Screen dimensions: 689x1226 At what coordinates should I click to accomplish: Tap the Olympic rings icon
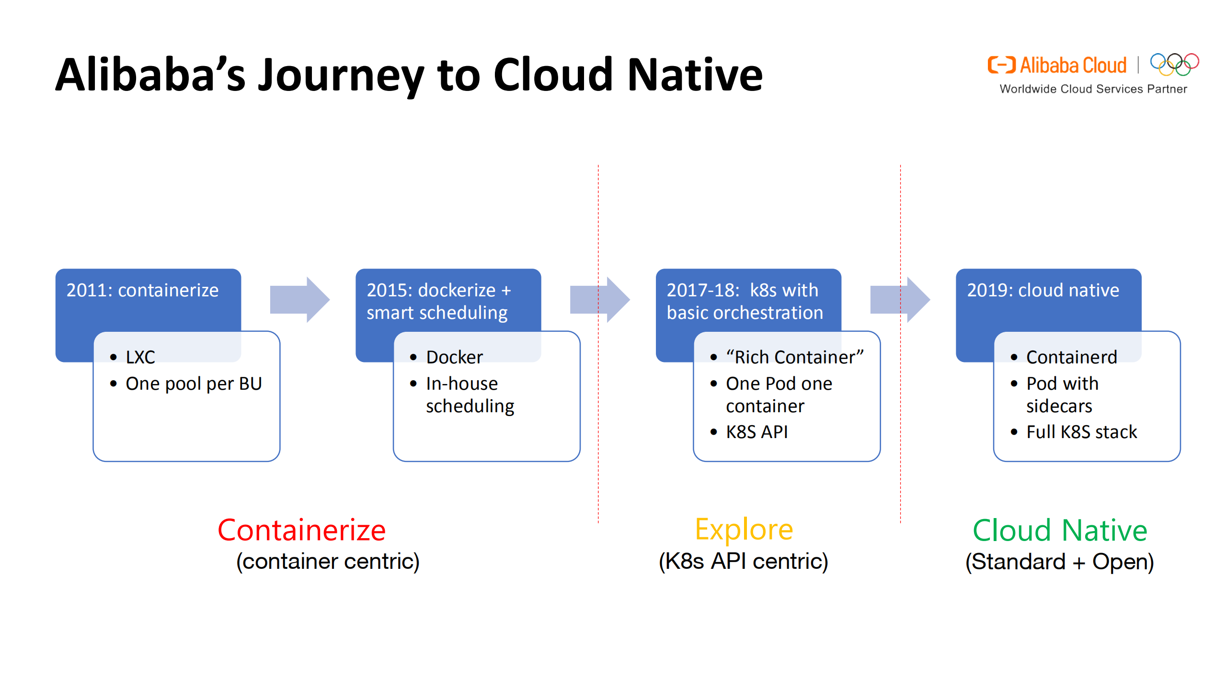(1174, 64)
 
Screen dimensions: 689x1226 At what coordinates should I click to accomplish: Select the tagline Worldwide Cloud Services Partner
(1093, 89)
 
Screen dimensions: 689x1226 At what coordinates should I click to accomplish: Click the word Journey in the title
(341, 76)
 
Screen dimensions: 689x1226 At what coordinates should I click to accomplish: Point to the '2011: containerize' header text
(142, 290)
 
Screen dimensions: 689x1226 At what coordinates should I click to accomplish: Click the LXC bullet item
(140, 357)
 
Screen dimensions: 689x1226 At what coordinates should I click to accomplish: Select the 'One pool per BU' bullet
(193, 384)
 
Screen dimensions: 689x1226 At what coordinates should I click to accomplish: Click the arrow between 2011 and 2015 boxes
(300, 299)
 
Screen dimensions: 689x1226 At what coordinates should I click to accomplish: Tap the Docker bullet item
(454, 357)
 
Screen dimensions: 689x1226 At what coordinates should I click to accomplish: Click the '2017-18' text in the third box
(703, 290)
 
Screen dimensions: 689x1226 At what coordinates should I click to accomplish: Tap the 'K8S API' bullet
(756, 432)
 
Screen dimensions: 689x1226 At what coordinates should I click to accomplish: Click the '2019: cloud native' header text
(1043, 290)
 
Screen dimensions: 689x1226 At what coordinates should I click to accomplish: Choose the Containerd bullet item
(1071, 357)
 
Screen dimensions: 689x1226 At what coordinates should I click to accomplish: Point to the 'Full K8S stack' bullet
(1081, 432)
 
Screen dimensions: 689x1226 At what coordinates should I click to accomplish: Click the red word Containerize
(301, 530)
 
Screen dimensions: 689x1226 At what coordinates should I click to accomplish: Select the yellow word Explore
(744, 530)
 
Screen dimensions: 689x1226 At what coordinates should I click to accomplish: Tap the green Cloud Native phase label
(1060, 530)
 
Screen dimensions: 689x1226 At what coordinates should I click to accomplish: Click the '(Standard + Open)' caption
(1059, 562)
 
